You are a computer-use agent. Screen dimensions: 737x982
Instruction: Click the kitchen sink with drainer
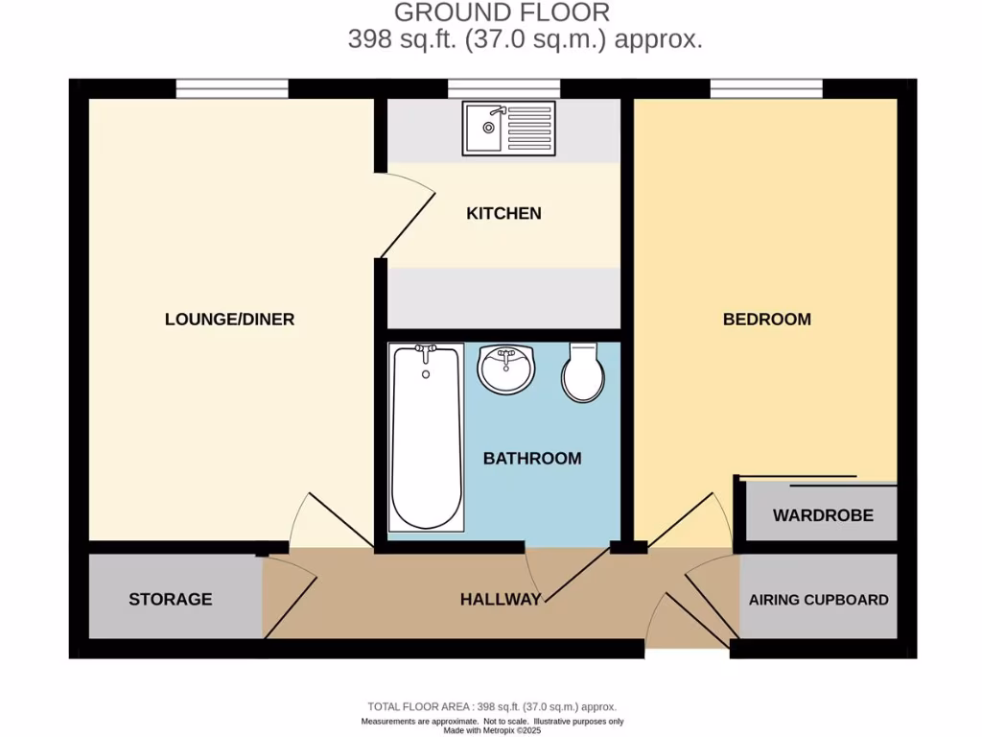[x=508, y=129]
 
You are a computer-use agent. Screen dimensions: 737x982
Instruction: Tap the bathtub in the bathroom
[x=427, y=437]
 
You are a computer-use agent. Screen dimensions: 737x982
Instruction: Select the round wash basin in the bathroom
[x=506, y=369]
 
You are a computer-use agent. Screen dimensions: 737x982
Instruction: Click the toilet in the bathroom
[x=582, y=373]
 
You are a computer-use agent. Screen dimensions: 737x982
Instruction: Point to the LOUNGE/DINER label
[x=229, y=320]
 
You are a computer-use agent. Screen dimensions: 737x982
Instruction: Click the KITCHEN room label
[x=503, y=213]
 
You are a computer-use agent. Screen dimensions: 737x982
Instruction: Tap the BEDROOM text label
[x=766, y=320]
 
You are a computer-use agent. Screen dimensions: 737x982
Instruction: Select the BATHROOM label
[x=531, y=459]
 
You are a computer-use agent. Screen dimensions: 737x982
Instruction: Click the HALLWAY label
[x=501, y=600]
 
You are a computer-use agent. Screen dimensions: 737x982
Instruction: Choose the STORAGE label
[x=171, y=600]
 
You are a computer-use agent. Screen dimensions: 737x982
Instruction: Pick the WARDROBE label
[x=823, y=515]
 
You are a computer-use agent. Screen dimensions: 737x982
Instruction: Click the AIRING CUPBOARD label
[x=819, y=600]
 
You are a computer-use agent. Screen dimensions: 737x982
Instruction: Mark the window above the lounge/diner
[x=232, y=89]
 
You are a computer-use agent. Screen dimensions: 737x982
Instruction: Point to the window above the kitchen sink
[x=504, y=89]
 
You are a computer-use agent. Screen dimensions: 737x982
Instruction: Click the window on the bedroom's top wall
[x=766, y=89]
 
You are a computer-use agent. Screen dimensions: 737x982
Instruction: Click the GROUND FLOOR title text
[x=502, y=12]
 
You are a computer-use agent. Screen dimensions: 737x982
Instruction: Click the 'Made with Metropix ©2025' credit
[x=492, y=730]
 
